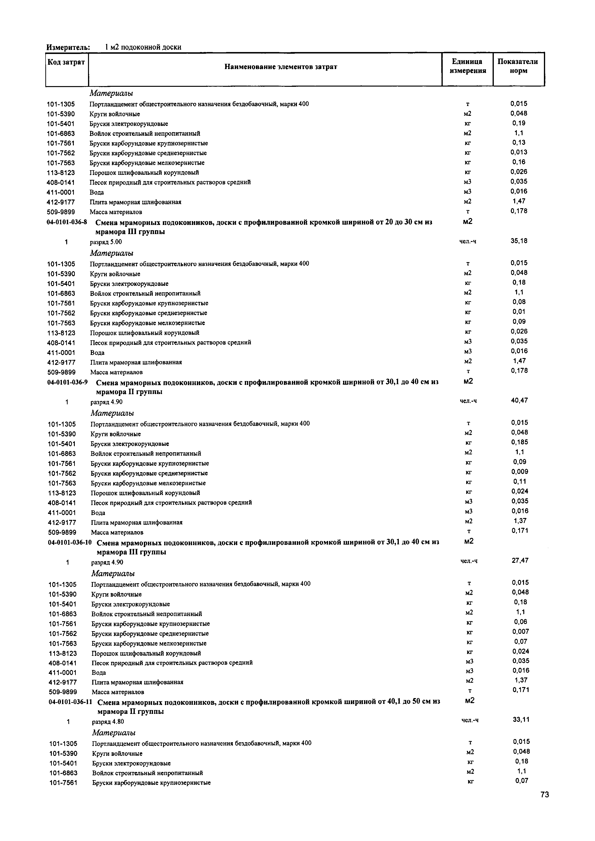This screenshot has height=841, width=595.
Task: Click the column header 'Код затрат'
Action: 66,62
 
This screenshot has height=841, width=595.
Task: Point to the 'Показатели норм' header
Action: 518,66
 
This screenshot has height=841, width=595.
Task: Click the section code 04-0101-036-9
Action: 67,382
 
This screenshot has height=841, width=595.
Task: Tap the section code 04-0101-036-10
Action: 70,542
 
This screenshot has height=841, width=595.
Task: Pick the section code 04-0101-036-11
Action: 70,702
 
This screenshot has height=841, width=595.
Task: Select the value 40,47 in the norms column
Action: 519,400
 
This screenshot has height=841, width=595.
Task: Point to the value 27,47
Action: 520,560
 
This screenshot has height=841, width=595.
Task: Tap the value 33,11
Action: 521,719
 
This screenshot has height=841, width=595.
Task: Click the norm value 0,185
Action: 519,442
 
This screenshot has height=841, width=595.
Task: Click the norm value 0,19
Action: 519,123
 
